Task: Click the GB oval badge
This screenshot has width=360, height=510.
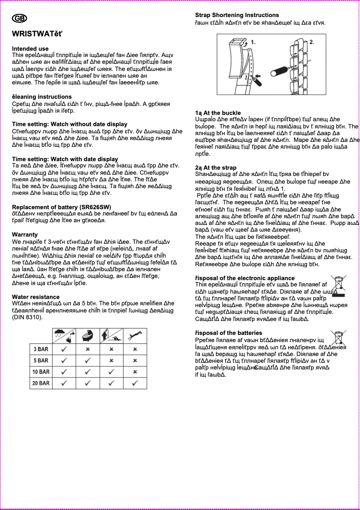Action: pos(19,18)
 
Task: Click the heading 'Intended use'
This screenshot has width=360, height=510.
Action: pos(30,48)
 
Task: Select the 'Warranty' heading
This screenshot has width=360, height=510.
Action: pos(25,234)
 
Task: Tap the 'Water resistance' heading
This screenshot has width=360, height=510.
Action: pos(35,297)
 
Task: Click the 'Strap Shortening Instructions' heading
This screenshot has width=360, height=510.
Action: pos(237,15)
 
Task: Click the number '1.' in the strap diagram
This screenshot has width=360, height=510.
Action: pos(253,42)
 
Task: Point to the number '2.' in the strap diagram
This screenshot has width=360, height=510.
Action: pos(312,41)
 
